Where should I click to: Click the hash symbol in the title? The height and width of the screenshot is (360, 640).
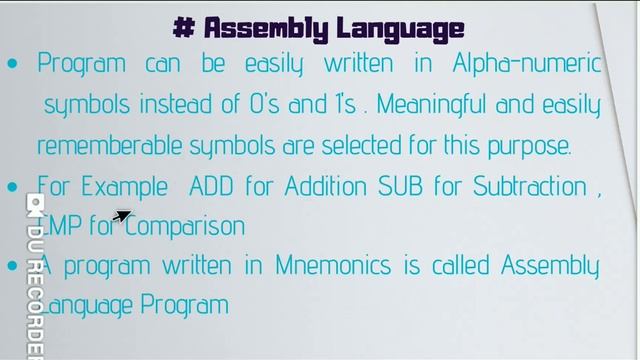coord(184,27)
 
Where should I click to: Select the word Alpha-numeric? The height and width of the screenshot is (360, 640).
coord(527,63)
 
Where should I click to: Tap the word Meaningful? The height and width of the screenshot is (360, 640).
coord(431,105)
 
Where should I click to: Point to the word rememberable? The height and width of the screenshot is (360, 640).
coord(109,145)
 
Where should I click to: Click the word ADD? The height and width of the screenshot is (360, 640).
coord(211,186)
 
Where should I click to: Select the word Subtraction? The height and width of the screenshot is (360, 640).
coord(530,186)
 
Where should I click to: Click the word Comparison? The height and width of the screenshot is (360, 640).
coord(184,227)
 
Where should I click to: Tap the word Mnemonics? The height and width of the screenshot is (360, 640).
coord(333,265)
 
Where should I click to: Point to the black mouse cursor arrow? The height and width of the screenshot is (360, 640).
coord(122,216)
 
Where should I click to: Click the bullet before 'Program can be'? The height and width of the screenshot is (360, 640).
coord(12,63)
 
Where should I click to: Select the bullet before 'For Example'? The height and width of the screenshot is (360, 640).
coord(12,187)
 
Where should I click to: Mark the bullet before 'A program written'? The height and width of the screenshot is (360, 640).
coord(12,265)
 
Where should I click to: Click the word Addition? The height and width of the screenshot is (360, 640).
coord(326,186)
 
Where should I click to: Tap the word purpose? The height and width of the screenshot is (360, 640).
coord(529,147)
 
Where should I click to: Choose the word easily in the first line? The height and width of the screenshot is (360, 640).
coord(274,64)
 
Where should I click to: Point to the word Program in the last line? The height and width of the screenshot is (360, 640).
coord(184,306)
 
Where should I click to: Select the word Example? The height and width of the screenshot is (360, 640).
coord(124,187)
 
